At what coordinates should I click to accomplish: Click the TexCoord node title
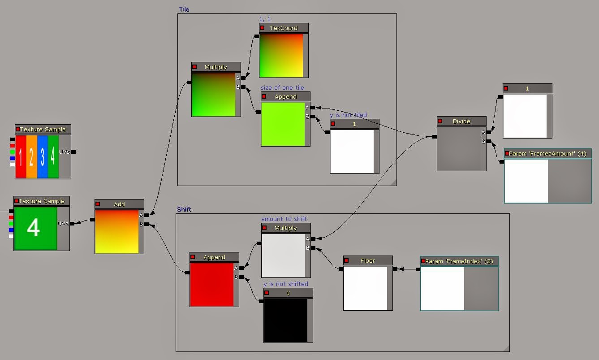point(284,28)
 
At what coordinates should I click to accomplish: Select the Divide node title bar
point(461,121)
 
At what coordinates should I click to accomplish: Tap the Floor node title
point(368,261)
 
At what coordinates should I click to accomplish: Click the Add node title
point(119,204)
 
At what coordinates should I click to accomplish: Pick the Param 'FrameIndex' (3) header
point(459,261)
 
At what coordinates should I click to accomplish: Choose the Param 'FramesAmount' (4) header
point(547,154)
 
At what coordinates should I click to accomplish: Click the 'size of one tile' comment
point(282,87)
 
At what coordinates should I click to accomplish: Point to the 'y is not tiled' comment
point(348,115)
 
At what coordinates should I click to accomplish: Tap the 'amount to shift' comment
point(284,219)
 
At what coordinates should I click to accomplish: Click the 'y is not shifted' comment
point(286,284)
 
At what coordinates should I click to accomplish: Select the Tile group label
point(184,9)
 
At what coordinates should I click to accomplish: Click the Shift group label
point(184,209)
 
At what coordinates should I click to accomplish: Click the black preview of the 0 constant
point(285,321)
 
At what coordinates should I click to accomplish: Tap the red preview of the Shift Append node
point(211,285)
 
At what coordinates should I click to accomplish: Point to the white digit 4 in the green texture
point(34,227)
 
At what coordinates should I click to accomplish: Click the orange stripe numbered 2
point(31,156)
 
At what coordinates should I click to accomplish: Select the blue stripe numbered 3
point(43,156)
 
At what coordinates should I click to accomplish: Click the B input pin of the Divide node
point(488,141)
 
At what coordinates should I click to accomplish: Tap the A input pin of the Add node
point(146,215)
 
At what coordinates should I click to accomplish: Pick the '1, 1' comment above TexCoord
point(265,19)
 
